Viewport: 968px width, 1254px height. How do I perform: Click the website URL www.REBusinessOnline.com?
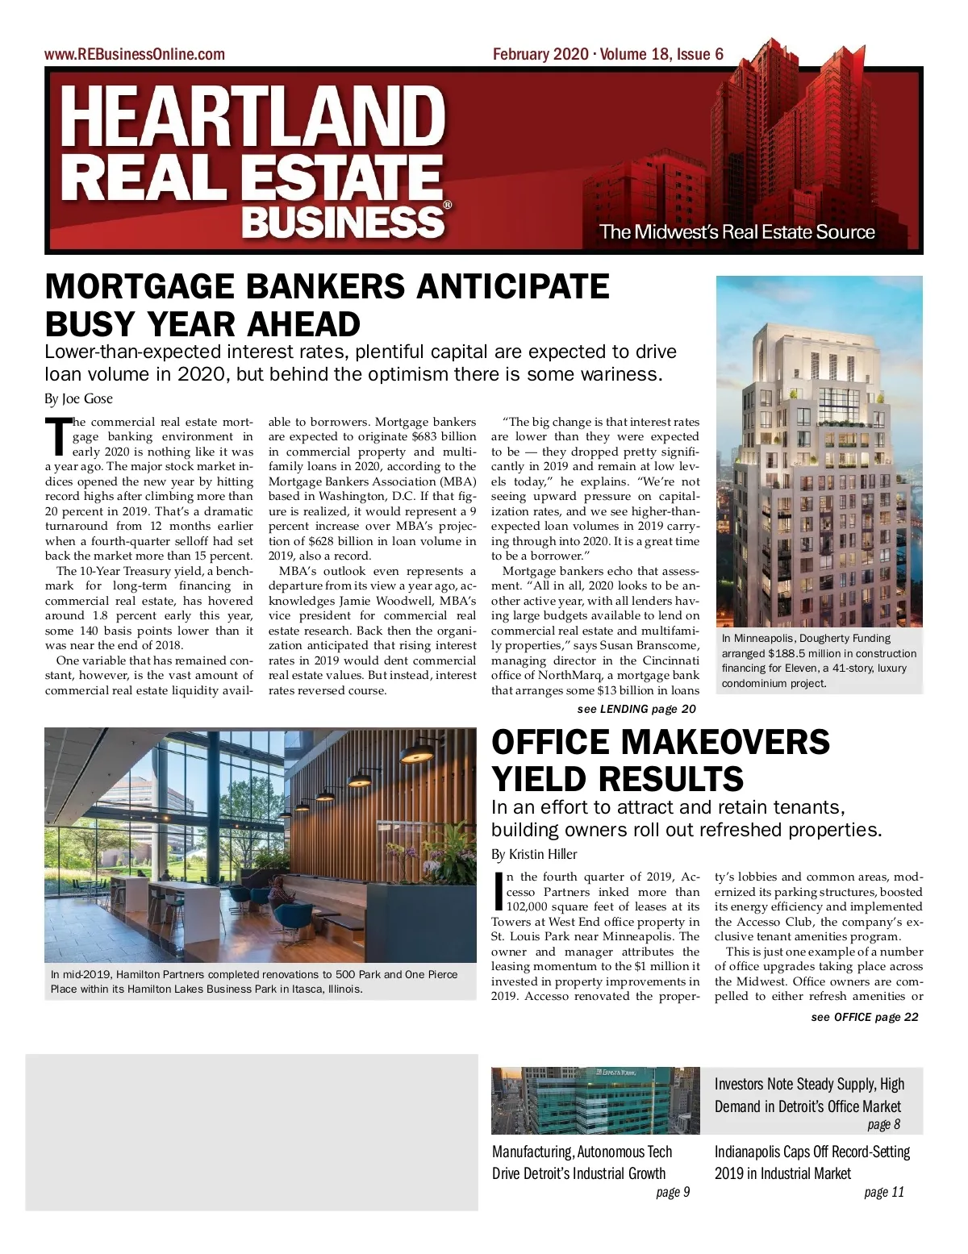[x=135, y=55]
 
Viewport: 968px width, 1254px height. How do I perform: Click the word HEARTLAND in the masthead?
[x=252, y=118]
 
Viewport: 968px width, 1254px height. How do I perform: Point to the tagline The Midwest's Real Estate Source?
[x=736, y=232]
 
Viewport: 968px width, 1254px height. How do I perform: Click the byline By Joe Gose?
[x=78, y=398]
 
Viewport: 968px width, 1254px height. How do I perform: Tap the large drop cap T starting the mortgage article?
[x=57, y=436]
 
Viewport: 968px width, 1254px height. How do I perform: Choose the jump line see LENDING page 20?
[x=636, y=709]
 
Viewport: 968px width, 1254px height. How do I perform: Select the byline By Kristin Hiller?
[x=534, y=854]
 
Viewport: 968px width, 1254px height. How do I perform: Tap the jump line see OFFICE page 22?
[x=864, y=1017]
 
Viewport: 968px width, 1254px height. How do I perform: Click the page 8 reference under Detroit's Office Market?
[x=883, y=1124]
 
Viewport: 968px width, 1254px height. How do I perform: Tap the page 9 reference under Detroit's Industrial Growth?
[x=673, y=1192]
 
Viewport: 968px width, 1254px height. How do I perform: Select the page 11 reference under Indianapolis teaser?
[x=883, y=1192]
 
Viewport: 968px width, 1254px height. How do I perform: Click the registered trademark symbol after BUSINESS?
[x=448, y=206]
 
